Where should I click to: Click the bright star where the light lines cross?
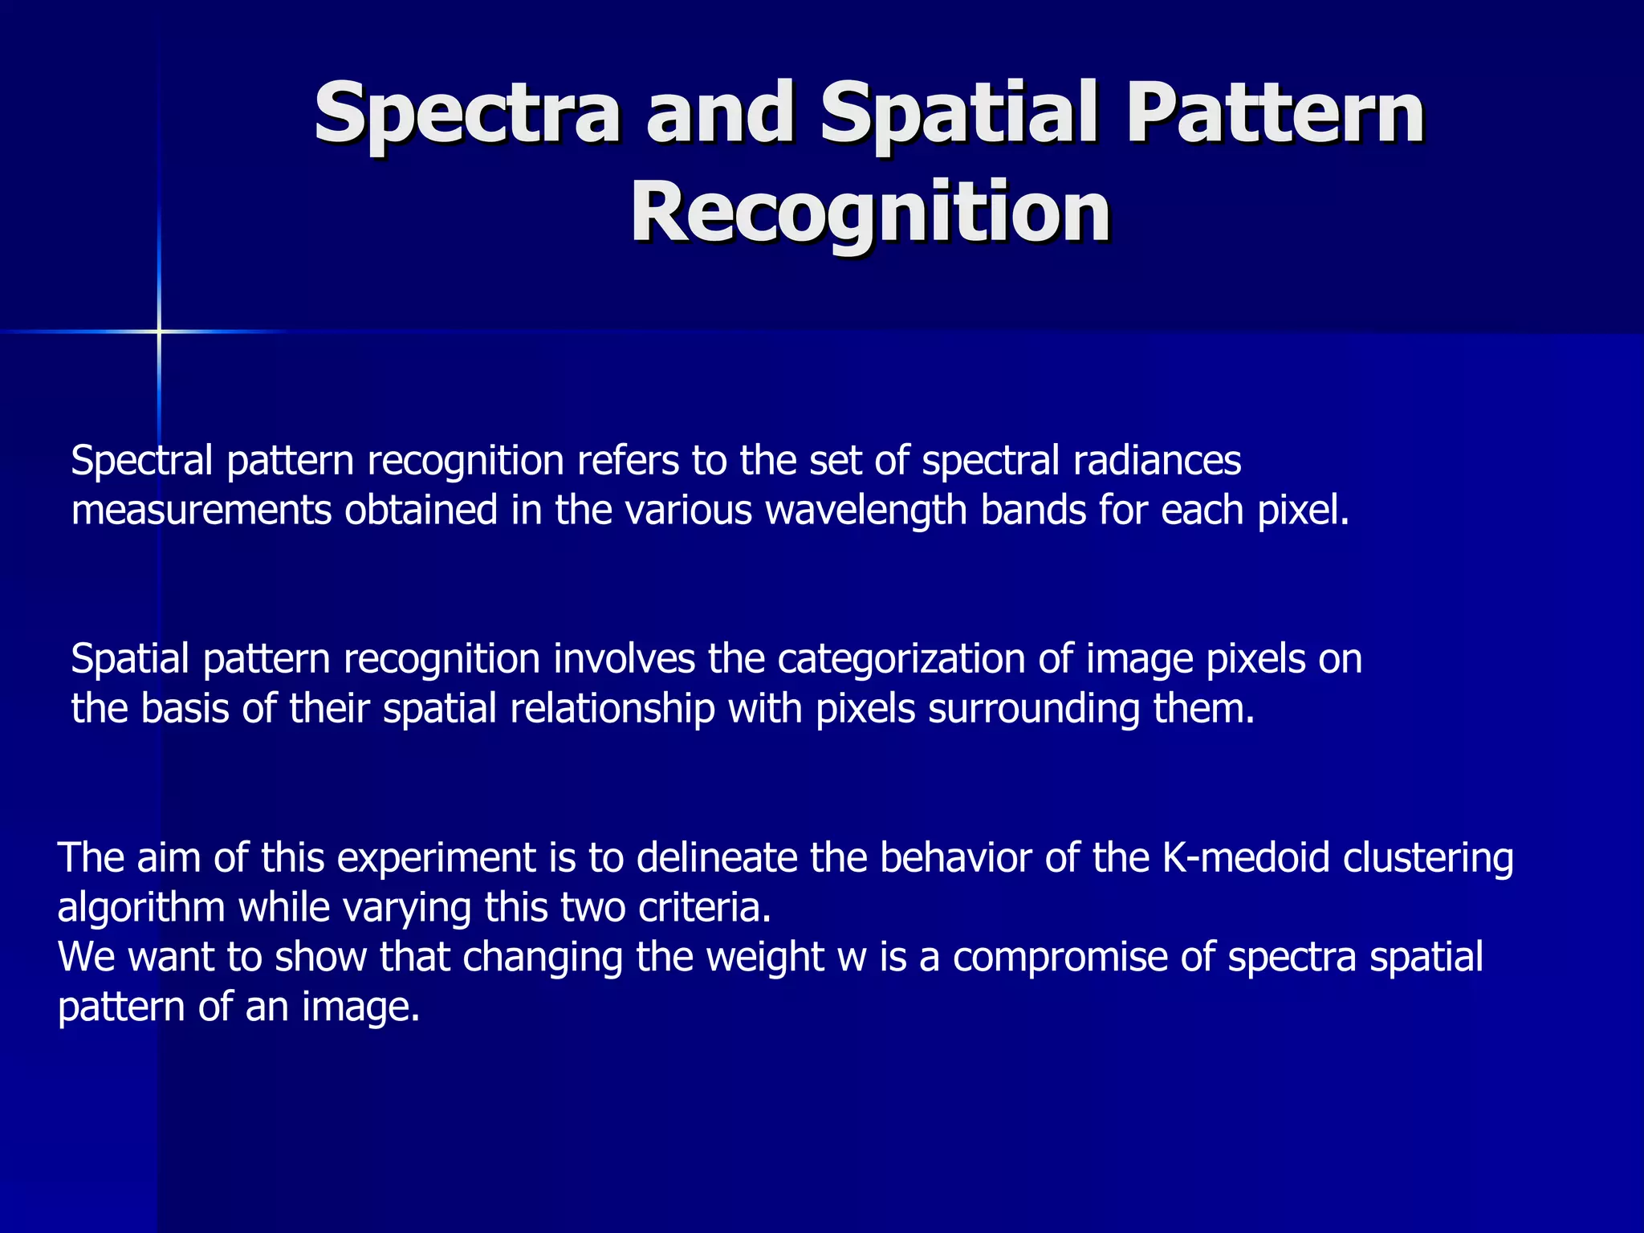coord(159,331)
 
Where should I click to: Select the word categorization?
coord(902,659)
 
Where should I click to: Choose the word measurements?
coord(201,511)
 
